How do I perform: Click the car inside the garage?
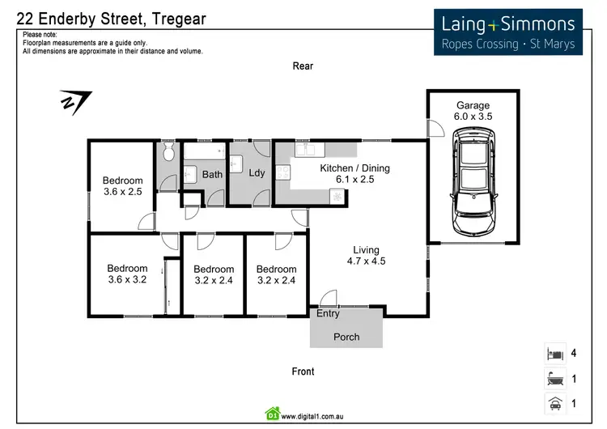473,185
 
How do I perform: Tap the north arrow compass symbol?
75,102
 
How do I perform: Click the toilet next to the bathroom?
168,152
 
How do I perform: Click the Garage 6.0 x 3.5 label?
473,111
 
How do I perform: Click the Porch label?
346,337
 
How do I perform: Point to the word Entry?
329,314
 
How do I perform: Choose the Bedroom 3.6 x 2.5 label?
122,186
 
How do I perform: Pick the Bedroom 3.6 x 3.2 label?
127,274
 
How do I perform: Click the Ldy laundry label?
257,173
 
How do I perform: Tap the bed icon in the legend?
555,354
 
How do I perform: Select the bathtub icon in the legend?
555,378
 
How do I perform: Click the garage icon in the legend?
555,402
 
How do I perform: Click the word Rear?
303,66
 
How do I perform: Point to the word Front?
303,372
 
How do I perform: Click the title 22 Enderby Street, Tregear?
111,19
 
